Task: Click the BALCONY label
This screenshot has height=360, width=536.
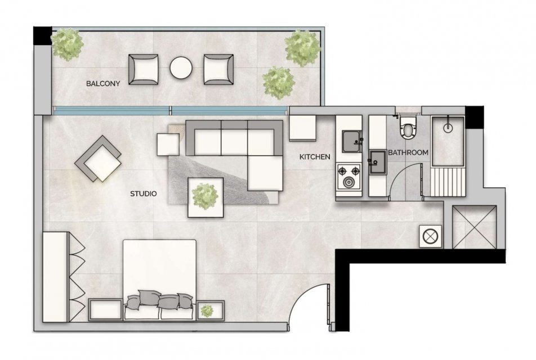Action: [x=103, y=83]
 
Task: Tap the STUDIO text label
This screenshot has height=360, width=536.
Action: [x=143, y=193]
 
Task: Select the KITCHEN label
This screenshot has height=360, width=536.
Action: [x=315, y=157]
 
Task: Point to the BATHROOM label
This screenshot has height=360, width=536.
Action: [x=408, y=152]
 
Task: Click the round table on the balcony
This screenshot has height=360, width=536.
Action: [x=181, y=67]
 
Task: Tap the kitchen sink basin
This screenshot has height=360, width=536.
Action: [x=352, y=142]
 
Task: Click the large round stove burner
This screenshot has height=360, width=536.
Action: [x=349, y=183]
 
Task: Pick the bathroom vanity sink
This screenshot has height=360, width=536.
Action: [x=378, y=162]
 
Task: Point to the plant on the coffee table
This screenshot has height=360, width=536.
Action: [x=205, y=196]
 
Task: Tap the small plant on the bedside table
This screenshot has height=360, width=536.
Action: [x=207, y=310]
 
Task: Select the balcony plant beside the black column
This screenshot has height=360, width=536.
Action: [x=68, y=44]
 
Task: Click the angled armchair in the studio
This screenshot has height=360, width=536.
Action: [x=98, y=159]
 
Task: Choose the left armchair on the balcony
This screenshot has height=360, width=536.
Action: [x=144, y=69]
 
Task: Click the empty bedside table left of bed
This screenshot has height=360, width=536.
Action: [x=105, y=310]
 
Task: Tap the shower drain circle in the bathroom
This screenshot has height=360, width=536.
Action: [x=448, y=128]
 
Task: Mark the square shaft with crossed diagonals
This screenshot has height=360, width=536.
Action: [x=474, y=227]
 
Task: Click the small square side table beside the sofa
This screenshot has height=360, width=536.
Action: [x=168, y=145]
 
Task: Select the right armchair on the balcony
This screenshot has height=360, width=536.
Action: [x=219, y=69]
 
